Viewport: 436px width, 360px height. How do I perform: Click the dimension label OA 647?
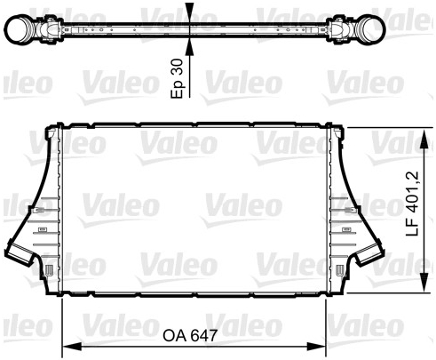[190, 335]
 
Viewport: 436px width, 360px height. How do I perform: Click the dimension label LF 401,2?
[413, 204]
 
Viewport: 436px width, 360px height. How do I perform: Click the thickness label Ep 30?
[178, 78]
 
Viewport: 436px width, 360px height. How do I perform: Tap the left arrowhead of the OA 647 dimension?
[72, 347]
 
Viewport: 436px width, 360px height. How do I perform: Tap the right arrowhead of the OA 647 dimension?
[316, 347]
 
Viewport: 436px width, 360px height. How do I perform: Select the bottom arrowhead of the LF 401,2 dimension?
[424, 283]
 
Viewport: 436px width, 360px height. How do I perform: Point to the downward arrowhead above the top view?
[189, 12]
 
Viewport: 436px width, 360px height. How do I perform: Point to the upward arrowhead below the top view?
[189, 46]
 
